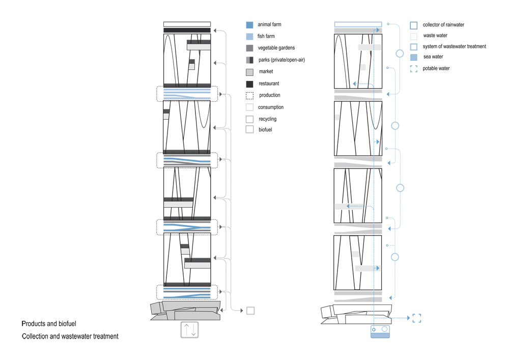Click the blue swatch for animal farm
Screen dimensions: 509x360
pyautogui.click(x=249, y=25)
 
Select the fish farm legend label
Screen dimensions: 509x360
pyautogui.click(x=266, y=36)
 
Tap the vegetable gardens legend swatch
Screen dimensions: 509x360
pyautogui.click(x=249, y=48)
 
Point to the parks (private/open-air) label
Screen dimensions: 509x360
pyautogui.click(x=282, y=60)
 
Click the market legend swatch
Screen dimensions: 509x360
pyautogui.click(x=249, y=72)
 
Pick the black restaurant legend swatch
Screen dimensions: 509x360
pyautogui.click(x=249, y=84)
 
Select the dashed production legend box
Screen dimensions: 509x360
pyautogui.click(x=249, y=95)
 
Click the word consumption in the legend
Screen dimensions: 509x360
pyautogui.click(x=271, y=107)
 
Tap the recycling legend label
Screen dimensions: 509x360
pyautogui.click(x=268, y=119)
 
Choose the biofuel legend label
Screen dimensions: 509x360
pyautogui.click(x=265, y=129)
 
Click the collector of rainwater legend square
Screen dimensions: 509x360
pyautogui.click(x=413, y=25)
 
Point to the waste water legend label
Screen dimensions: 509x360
pyautogui.click(x=435, y=35)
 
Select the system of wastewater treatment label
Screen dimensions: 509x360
pyautogui.click(x=454, y=46)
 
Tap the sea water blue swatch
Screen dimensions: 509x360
pyautogui.click(x=413, y=58)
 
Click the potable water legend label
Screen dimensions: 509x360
pyautogui.click(x=436, y=68)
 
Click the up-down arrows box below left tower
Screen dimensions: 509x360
pyautogui.click(x=189, y=330)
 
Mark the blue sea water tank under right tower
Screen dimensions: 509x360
pyautogui.click(x=380, y=332)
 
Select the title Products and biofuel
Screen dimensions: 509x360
pyautogui.click(x=49, y=324)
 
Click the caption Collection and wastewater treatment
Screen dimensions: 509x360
pyautogui.click(x=70, y=336)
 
